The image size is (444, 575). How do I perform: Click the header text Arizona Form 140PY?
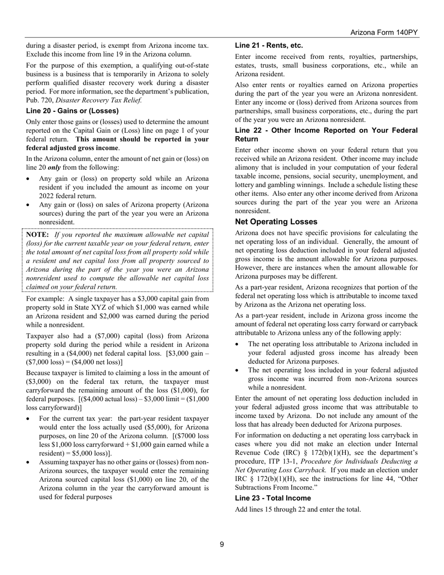[384, 32]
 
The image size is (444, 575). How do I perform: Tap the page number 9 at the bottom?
[222, 544]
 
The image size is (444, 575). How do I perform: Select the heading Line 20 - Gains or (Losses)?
[72, 111]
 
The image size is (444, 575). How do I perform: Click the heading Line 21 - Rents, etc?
[269, 45]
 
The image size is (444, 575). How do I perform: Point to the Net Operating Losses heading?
[276, 222]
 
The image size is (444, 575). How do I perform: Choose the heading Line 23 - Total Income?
[273, 498]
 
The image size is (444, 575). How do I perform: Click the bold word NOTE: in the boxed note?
[37, 235]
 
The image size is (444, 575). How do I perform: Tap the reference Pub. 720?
[40, 100]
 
